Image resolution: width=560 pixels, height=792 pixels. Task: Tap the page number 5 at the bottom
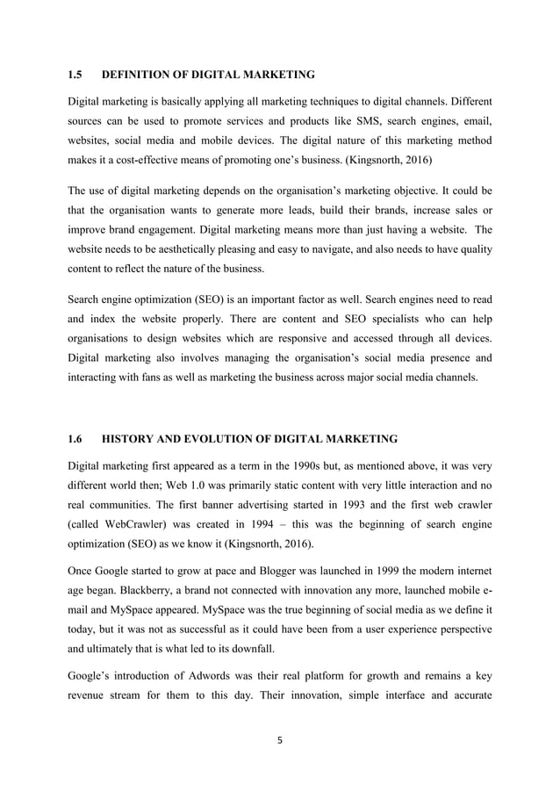tap(281, 739)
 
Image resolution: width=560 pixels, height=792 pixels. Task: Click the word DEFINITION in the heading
tap(140, 76)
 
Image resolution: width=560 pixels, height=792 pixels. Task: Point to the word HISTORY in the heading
tap(133, 437)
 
